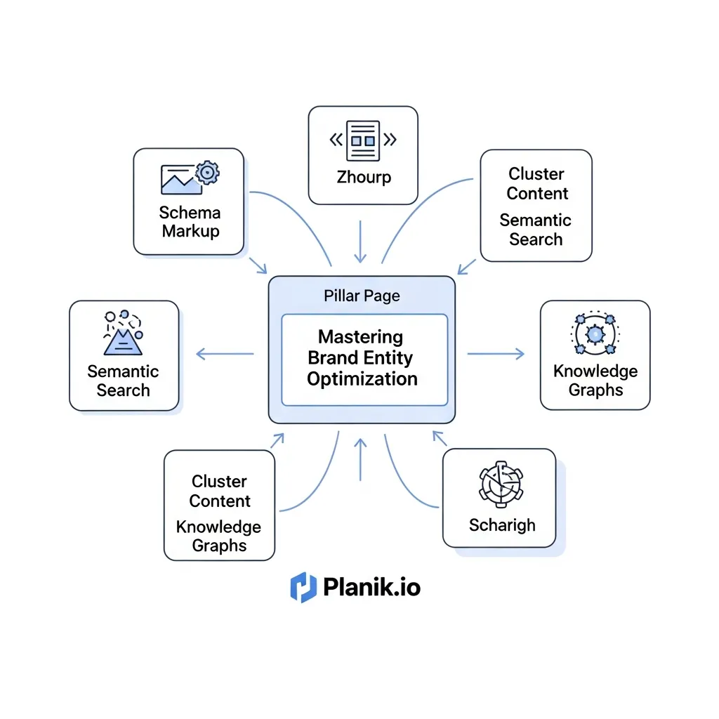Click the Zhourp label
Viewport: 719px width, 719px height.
point(363,176)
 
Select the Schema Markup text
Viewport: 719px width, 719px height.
point(189,221)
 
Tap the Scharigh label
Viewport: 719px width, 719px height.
point(501,525)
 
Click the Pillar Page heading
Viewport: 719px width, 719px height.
point(362,296)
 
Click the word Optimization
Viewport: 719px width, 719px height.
point(362,379)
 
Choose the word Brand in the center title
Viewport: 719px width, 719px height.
point(333,357)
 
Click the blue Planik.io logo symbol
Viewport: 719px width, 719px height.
point(303,587)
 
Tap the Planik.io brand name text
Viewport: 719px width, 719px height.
point(372,587)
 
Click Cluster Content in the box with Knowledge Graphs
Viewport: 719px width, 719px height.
point(219,491)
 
